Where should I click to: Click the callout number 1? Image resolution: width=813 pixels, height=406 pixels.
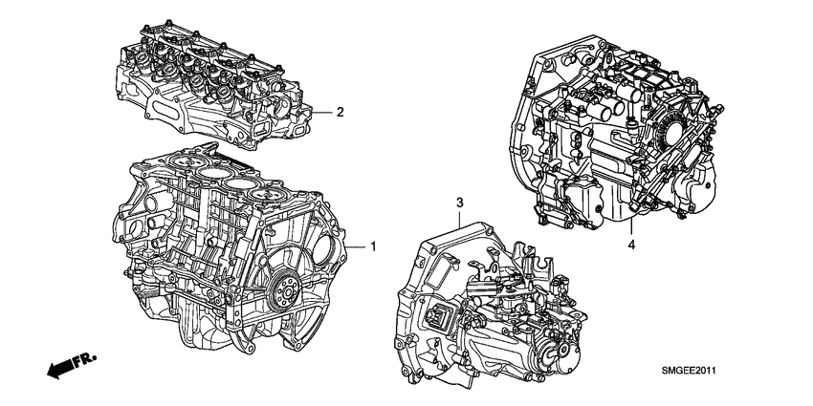373,246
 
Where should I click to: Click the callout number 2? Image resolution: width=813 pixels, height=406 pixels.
339,112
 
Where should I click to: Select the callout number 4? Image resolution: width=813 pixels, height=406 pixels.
631,246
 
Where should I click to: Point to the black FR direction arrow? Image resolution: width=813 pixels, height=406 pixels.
59,368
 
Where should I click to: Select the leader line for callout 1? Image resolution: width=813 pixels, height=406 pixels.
356,246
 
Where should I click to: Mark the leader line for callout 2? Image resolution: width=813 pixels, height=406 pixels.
323,112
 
